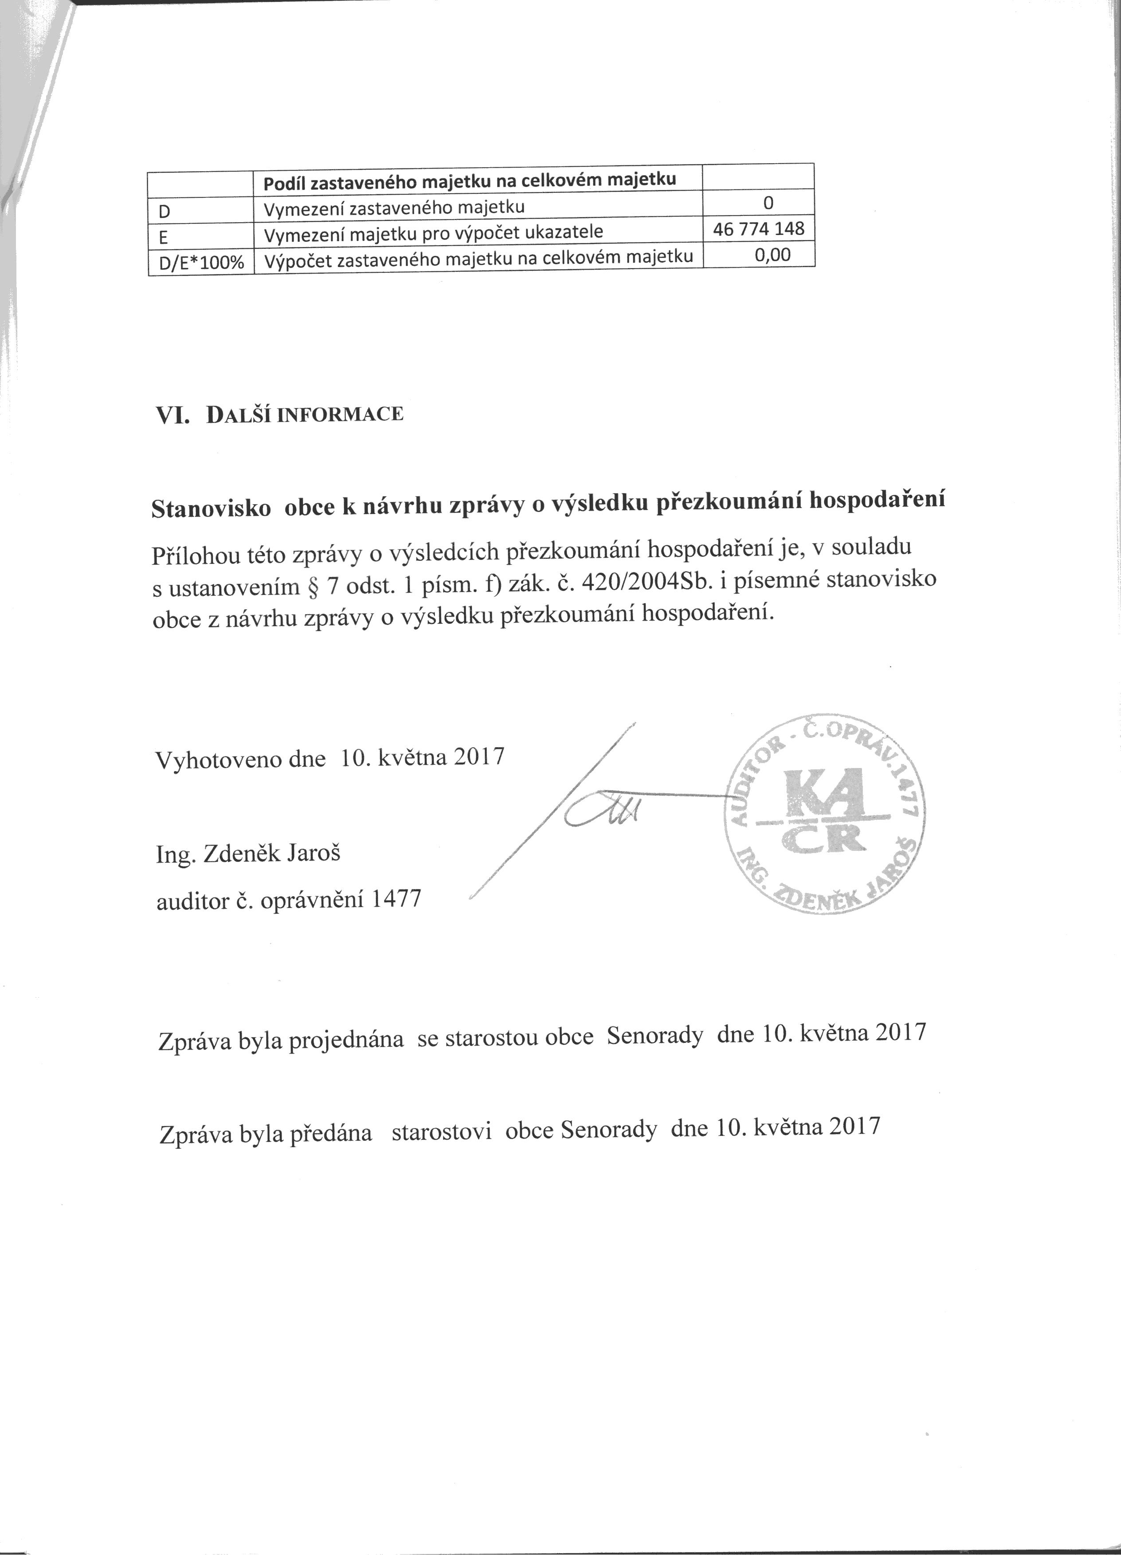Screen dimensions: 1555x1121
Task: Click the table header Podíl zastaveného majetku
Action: pyautogui.click(x=470, y=180)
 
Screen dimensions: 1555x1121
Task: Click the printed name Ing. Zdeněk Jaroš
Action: pyautogui.click(x=249, y=854)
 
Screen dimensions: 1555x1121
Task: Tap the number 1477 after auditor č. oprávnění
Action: pyautogui.click(x=395, y=899)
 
